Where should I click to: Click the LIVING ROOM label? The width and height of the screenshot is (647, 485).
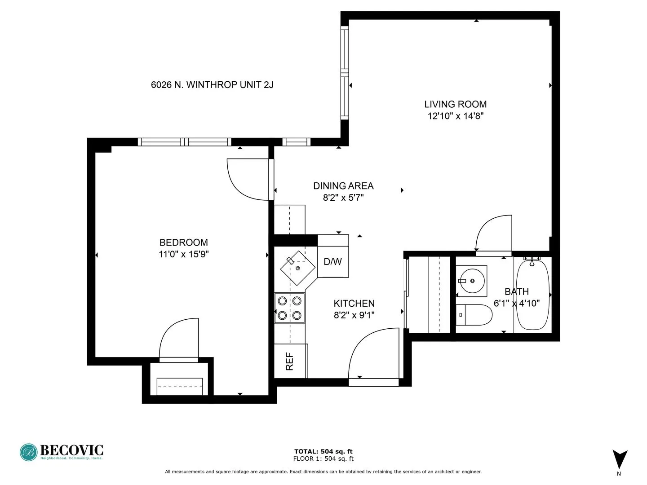tap(455, 104)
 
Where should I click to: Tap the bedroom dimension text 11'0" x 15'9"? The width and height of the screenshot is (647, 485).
tap(183, 254)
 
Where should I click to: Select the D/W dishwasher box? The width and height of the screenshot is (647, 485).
tap(333, 261)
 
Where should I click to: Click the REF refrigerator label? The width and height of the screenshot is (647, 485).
tap(290, 361)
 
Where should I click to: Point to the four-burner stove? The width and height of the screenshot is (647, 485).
tap(289, 308)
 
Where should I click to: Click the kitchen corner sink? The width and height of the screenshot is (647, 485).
tap(297, 268)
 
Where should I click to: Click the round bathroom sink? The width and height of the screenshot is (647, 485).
tap(471, 281)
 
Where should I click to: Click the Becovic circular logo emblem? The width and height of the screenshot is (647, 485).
tap(29, 452)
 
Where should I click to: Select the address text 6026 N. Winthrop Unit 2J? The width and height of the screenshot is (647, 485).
tap(212, 84)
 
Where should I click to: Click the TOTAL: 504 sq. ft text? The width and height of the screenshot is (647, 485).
tap(323, 451)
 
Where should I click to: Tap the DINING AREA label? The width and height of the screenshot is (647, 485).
tap(343, 186)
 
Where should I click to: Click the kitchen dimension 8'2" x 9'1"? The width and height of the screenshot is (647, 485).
tap(354, 315)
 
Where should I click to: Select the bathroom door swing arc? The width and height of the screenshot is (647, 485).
tap(492, 233)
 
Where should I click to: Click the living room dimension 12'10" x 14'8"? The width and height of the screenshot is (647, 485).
tap(455, 116)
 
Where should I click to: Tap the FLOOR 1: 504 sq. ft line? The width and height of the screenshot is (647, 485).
tap(323, 459)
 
